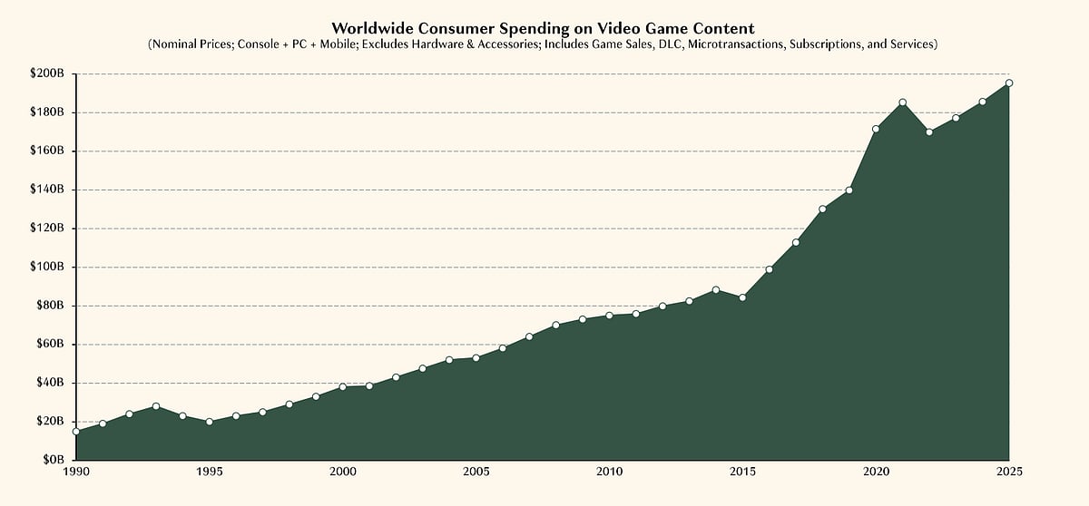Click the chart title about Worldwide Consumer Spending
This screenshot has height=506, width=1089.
pos(543,28)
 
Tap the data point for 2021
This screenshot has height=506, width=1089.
pos(903,102)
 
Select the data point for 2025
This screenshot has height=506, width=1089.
pos(1009,83)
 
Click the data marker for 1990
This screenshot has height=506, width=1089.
pos(76,432)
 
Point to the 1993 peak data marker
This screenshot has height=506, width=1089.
pos(156,406)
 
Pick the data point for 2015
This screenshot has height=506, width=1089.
pos(742,297)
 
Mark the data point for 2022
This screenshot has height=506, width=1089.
pos(929,131)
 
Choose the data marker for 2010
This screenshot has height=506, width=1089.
pos(609,316)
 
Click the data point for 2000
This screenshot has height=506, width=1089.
pos(343,387)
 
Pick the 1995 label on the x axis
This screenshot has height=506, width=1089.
pos(210,472)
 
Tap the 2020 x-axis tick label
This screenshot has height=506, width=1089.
pos(876,472)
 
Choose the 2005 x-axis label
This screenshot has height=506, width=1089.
pos(476,472)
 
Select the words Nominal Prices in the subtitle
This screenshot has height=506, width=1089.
pos(191,44)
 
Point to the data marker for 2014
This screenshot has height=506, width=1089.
pos(716,290)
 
